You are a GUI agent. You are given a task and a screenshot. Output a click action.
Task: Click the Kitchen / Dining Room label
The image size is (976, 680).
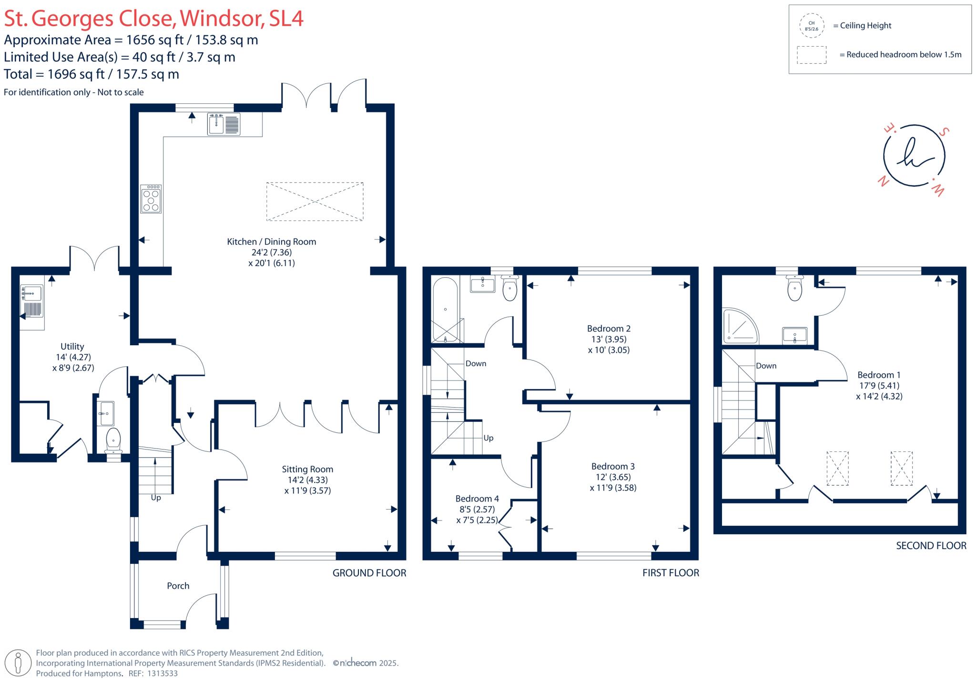point(271,242)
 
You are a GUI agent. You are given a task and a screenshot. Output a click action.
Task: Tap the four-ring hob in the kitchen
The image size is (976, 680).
point(151,199)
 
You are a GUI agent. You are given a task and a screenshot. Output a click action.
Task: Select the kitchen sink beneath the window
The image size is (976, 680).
point(224,124)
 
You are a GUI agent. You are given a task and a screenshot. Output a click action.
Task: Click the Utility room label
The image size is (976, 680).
point(72,347)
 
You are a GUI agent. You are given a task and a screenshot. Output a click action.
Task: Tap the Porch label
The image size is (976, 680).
point(178,586)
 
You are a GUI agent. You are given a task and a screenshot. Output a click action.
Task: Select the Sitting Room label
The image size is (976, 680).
point(307,469)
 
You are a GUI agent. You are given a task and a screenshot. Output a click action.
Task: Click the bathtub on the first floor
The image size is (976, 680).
point(445,310)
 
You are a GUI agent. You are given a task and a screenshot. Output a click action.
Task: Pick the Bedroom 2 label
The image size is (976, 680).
point(609,329)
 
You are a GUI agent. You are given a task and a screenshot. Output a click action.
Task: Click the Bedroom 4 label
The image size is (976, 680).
point(477,499)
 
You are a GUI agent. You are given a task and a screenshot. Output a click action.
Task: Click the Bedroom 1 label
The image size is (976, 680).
point(879,375)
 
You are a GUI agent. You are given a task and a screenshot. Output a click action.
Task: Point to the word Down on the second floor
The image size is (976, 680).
point(766,366)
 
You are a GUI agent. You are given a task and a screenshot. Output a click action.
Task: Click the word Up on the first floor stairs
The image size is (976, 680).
point(488,438)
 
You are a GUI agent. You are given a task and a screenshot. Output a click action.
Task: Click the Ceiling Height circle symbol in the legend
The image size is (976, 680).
point(812,26)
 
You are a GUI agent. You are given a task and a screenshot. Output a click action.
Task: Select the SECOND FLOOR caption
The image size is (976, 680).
point(931,546)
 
